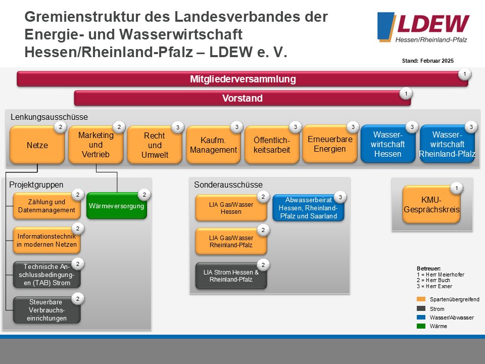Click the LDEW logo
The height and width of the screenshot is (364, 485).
(x=423, y=27)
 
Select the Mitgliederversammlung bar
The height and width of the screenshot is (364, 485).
(x=243, y=79)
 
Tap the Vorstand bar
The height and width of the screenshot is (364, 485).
(x=243, y=98)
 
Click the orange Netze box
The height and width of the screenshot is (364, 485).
(x=37, y=145)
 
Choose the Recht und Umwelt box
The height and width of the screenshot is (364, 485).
(x=155, y=145)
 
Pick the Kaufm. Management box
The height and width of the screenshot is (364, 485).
(x=213, y=145)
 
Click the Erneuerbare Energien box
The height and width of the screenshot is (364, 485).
(x=330, y=144)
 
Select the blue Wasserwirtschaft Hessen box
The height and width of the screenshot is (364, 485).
(x=388, y=144)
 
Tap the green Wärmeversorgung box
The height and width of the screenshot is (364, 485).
(x=117, y=206)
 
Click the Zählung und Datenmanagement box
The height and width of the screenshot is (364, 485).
(x=46, y=206)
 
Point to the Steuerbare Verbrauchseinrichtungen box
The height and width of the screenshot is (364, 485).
(x=46, y=310)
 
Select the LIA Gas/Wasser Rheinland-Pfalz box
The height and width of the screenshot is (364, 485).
(x=231, y=242)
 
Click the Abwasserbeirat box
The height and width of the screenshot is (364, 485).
(x=308, y=208)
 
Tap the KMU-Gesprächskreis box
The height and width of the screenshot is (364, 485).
(x=431, y=205)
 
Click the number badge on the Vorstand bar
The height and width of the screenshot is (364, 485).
(x=406, y=94)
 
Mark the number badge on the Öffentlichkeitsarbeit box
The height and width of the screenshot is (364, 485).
(x=296, y=127)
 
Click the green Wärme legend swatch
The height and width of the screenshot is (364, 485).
(x=421, y=326)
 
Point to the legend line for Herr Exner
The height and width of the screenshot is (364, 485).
(x=434, y=286)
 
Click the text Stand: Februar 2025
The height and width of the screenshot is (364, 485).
(x=428, y=61)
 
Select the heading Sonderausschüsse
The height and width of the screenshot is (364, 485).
(x=228, y=185)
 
